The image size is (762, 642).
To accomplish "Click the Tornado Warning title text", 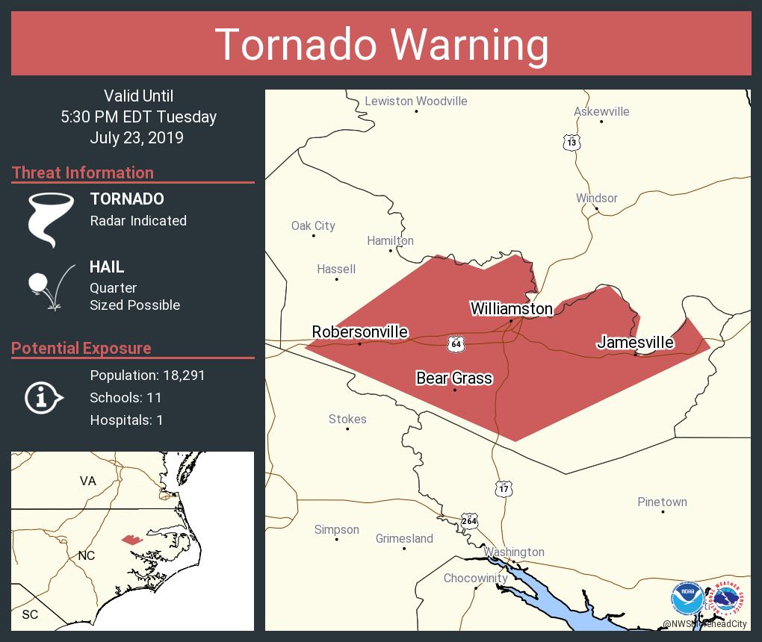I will click(x=381, y=44).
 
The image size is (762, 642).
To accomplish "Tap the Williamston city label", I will click(x=511, y=308).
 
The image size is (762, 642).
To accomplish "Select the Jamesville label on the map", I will click(x=635, y=343).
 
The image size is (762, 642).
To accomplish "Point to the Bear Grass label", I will click(x=453, y=378).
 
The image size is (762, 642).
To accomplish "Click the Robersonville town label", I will click(x=359, y=331).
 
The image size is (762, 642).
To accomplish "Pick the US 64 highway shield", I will click(x=456, y=343).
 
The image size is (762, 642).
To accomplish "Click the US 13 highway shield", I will click(x=571, y=142).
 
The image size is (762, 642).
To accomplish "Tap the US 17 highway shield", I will click(x=504, y=489).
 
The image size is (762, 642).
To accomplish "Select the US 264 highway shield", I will click(x=469, y=521).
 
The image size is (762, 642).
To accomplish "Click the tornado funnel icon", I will click(x=51, y=218).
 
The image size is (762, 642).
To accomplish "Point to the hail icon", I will click(x=49, y=286).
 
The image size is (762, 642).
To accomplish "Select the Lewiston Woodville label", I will click(x=415, y=101).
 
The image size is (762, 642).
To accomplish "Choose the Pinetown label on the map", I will click(x=662, y=502).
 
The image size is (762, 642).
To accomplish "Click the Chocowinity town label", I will click(x=475, y=578).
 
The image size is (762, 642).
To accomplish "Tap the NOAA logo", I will click(x=687, y=598).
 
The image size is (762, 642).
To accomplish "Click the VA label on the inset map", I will click(x=88, y=481).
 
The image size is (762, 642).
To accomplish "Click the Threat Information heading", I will click(x=83, y=172).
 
